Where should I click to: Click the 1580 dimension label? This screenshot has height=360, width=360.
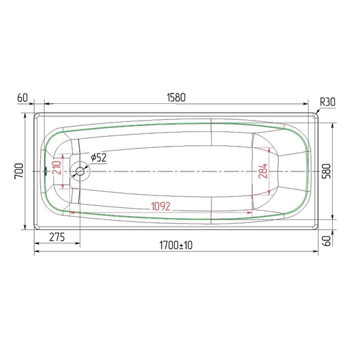[176, 97]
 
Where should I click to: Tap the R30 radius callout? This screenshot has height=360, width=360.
[327, 102]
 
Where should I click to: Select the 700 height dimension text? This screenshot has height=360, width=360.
[19, 171]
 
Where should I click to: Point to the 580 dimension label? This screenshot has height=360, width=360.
[326, 171]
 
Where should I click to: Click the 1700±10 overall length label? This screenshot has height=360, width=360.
[176, 245]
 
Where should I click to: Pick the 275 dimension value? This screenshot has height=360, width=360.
[57, 237]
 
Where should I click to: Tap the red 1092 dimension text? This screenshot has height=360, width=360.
[161, 207]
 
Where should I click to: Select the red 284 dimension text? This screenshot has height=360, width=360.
[263, 171]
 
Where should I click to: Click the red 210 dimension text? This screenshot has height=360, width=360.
[57, 168]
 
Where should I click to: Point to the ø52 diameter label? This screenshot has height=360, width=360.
[99, 157]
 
